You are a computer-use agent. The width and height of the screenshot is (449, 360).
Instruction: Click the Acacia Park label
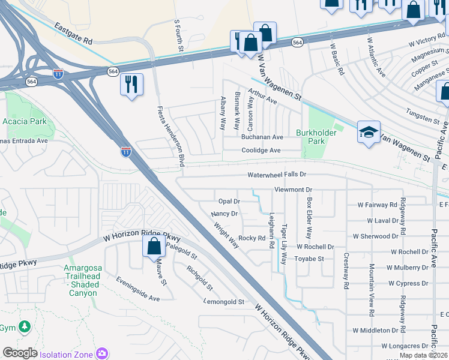tap(29, 121)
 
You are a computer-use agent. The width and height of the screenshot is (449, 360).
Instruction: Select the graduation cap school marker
tap(368, 133)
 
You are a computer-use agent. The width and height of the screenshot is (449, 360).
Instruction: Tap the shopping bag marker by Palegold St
tap(154, 245)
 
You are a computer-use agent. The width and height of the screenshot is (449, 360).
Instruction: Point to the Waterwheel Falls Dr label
tap(277, 175)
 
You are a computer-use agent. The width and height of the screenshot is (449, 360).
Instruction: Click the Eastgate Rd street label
tap(73, 34)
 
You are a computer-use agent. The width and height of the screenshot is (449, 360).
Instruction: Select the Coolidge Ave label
tap(261, 151)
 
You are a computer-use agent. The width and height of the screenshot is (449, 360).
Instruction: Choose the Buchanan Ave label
tap(262, 137)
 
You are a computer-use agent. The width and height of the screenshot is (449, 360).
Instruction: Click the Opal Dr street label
tap(229, 202)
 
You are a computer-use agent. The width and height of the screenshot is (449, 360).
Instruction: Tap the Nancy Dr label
tap(224, 214)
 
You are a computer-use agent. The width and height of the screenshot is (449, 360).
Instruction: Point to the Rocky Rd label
tap(252, 238)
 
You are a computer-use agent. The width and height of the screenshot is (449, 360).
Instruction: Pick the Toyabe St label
tap(309, 259)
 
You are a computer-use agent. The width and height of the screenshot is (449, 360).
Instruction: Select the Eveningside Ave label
tap(138, 289)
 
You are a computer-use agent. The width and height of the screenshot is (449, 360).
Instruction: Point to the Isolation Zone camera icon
tap(103, 353)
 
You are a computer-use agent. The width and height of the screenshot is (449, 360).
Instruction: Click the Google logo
tap(20, 353)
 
